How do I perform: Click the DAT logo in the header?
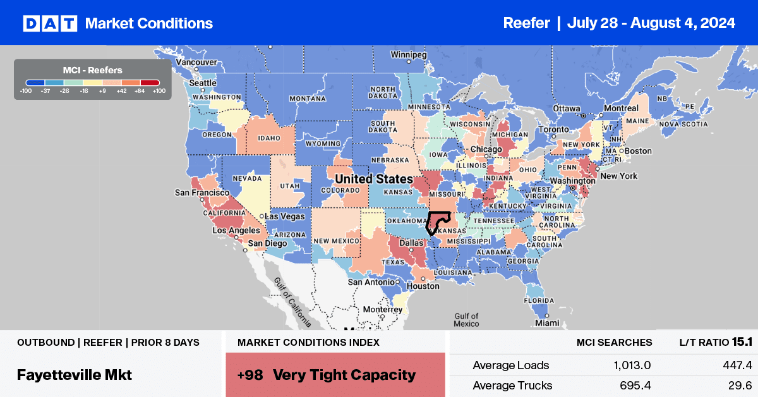pos(49,23)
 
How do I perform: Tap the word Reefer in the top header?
pos(526,23)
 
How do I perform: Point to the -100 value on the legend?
pos(25,91)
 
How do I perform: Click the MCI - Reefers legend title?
pos(92,70)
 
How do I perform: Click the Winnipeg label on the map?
pos(409,55)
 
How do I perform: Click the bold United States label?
pos(373,179)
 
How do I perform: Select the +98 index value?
pos(249,375)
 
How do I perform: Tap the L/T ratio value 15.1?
pos(737,342)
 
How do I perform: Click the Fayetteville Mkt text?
pos(75,375)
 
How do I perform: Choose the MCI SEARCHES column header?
pos(614,342)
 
